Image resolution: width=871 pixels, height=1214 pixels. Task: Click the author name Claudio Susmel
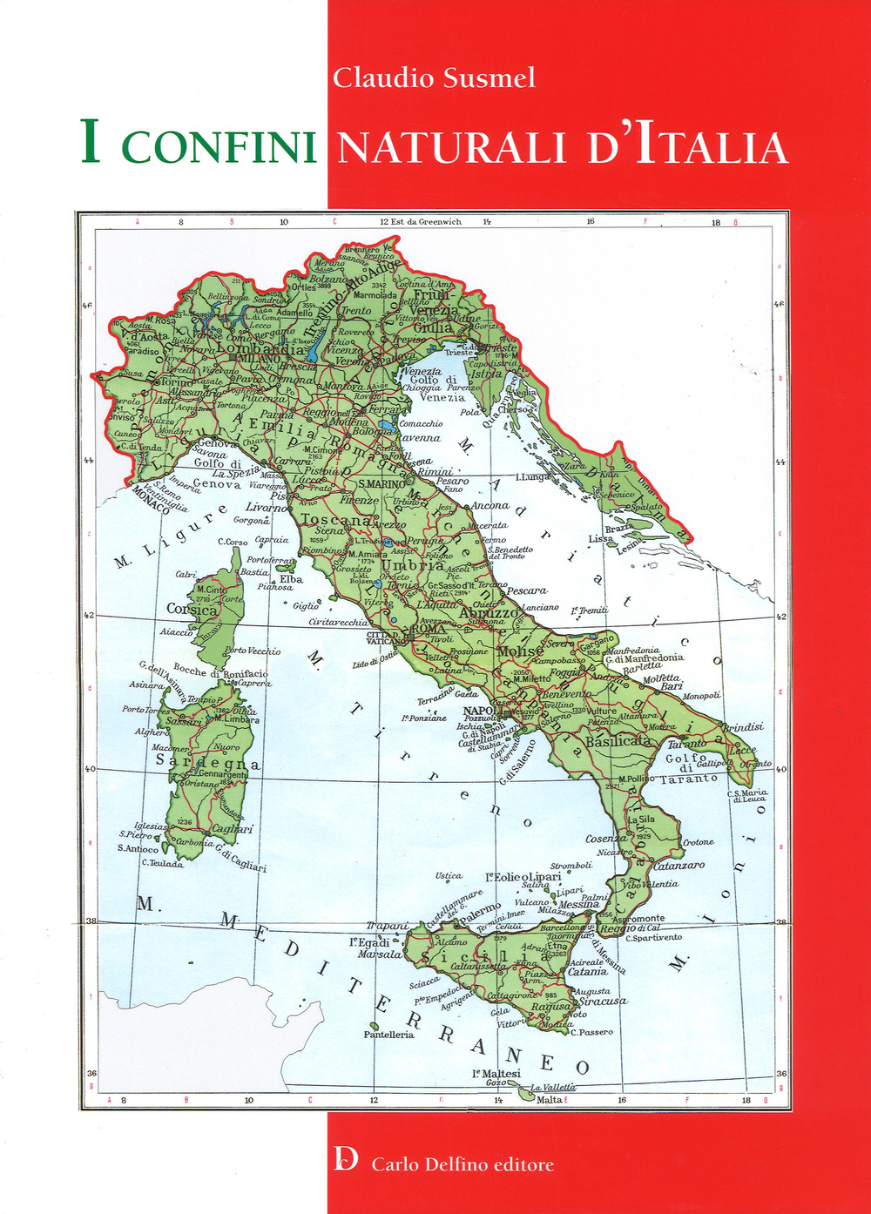(x=434, y=78)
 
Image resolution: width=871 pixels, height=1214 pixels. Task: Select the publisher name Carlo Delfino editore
(x=463, y=1164)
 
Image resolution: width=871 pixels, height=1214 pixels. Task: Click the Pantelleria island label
(x=388, y=1035)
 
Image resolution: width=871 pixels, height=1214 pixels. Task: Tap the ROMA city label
(x=429, y=629)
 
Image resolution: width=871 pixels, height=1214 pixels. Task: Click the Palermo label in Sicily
(x=481, y=911)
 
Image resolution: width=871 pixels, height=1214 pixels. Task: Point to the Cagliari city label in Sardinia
(x=233, y=829)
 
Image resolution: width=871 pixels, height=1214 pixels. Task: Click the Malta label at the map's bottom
(x=549, y=1100)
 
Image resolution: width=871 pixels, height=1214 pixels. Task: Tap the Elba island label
(x=290, y=578)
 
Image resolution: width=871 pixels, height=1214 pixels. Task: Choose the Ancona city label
(x=490, y=505)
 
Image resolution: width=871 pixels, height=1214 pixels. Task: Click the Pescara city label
(x=526, y=590)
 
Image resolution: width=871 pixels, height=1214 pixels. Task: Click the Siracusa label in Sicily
(x=603, y=1001)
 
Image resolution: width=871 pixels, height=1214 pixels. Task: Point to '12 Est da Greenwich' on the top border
(x=421, y=221)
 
